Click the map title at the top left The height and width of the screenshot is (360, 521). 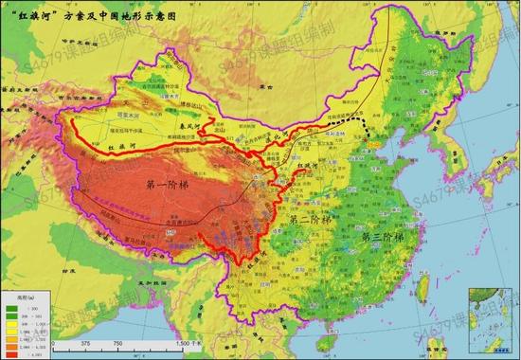(x=81, y=16)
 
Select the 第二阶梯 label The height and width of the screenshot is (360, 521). (x=306, y=219)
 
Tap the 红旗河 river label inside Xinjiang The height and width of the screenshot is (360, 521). (x=123, y=149)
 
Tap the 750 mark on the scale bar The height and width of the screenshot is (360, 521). (x=117, y=344)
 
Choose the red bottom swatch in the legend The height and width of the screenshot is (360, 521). (x=12, y=352)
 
